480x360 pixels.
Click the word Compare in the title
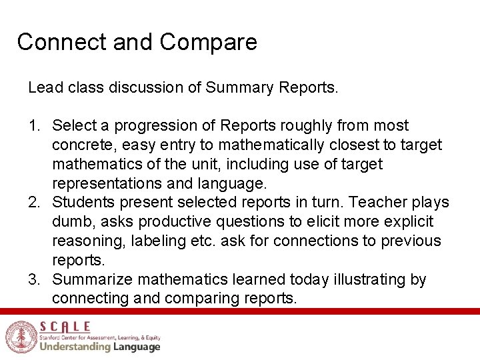[x=208, y=42]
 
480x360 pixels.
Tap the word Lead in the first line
[x=42, y=87]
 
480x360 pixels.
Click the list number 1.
[x=33, y=126]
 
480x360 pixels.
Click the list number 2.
[x=33, y=203]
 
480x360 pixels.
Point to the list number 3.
[x=33, y=279]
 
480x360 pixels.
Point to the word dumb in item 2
[x=70, y=222]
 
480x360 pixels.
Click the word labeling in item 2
[x=146, y=241]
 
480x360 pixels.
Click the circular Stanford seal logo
[x=19, y=337]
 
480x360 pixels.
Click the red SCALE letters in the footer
[x=65, y=327]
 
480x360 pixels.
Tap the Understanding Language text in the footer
[x=100, y=347]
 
